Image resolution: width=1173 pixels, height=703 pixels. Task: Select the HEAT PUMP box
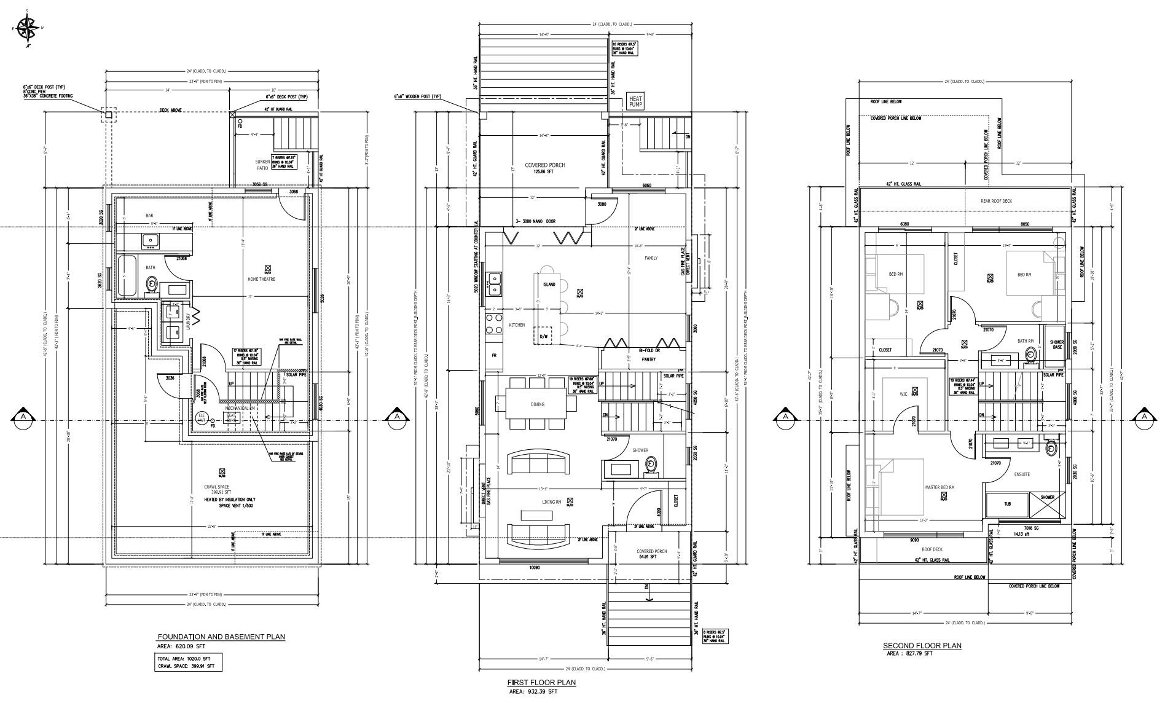pyautogui.click(x=635, y=101)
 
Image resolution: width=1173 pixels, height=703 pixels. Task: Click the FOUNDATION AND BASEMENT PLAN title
pyautogui.click(x=221, y=637)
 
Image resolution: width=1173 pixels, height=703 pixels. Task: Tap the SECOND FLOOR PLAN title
pyautogui.click(x=922, y=645)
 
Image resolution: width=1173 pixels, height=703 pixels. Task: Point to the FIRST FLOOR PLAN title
pyautogui.click(x=541, y=682)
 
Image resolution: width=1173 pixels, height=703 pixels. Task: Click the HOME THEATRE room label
pyautogui.click(x=261, y=279)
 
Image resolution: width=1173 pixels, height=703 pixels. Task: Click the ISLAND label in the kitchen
pyautogui.click(x=549, y=284)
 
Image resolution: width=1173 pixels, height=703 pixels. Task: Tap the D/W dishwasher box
pyautogui.click(x=544, y=336)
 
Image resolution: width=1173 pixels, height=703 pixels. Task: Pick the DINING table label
pyautogui.click(x=537, y=404)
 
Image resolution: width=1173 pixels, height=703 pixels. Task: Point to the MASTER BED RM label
pyautogui.click(x=940, y=487)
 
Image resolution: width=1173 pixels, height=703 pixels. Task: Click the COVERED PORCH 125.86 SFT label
pyautogui.click(x=544, y=168)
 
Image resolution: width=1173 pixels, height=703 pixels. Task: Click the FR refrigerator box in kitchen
pyautogui.click(x=493, y=355)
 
